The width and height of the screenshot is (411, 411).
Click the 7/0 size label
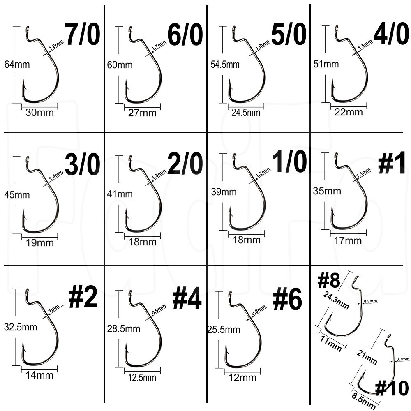(x=83, y=35)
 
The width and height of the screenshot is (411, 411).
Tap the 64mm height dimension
(x=17, y=65)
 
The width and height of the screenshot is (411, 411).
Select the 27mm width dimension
(x=142, y=113)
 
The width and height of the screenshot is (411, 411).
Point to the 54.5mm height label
(x=225, y=65)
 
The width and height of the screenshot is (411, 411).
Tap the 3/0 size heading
(x=83, y=164)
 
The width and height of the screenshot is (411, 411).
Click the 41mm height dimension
(x=120, y=194)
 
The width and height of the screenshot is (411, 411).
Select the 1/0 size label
(x=289, y=162)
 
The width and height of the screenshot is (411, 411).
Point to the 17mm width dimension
(x=348, y=240)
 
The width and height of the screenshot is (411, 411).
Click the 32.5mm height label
(x=21, y=327)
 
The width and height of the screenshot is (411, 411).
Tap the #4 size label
(x=187, y=299)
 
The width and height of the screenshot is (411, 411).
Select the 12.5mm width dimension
(x=142, y=378)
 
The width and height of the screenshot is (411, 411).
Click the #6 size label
(x=288, y=299)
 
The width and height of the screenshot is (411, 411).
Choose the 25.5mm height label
(x=224, y=330)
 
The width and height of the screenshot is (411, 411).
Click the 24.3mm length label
(x=336, y=300)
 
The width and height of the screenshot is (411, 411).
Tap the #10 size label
(x=392, y=388)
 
